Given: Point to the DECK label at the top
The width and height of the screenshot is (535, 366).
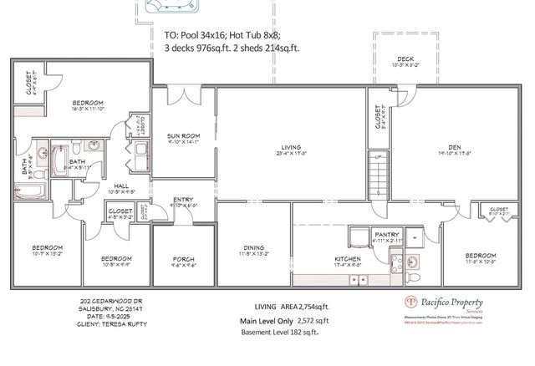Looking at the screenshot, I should [405, 59].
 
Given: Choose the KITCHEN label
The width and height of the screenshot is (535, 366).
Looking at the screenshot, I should [347, 259].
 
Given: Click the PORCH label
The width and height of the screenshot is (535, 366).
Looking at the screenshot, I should [183, 259].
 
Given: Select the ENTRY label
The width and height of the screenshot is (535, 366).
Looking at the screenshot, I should [183, 199].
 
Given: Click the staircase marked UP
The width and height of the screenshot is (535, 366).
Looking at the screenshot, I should [380, 176].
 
